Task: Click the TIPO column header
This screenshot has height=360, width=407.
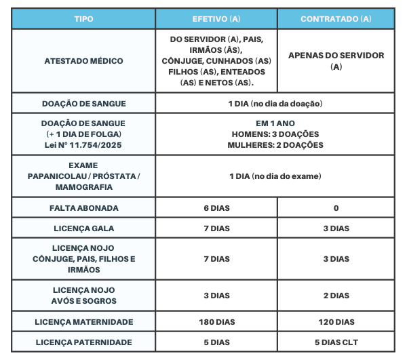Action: click(x=83, y=18)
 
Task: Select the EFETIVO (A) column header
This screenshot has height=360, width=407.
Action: click(x=216, y=18)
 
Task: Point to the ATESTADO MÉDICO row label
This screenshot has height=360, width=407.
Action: click(x=83, y=61)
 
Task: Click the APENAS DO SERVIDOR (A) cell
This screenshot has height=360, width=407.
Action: click(x=336, y=61)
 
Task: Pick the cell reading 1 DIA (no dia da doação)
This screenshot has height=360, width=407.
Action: click(x=275, y=104)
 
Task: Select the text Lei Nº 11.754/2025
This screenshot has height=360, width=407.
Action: click(x=83, y=144)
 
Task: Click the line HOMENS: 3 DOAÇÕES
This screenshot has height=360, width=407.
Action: click(x=275, y=134)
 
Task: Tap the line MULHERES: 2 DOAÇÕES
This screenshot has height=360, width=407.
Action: click(x=275, y=144)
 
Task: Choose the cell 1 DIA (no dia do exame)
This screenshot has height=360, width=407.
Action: click(x=275, y=176)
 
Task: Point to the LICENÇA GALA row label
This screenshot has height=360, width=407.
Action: click(x=83, y=228)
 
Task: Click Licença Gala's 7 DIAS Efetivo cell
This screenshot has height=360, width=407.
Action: click(x=216, y=228)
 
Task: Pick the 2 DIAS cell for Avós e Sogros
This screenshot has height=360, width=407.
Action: click(x=336, y=296)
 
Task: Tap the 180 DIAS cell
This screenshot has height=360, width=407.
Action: click(x=216, y=322)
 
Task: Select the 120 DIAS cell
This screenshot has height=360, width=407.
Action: click(x=336, y=322)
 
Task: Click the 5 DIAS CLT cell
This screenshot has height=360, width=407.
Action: click(x=336, y=342)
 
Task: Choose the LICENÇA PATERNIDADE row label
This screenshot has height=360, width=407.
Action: click(x=83, y=342)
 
